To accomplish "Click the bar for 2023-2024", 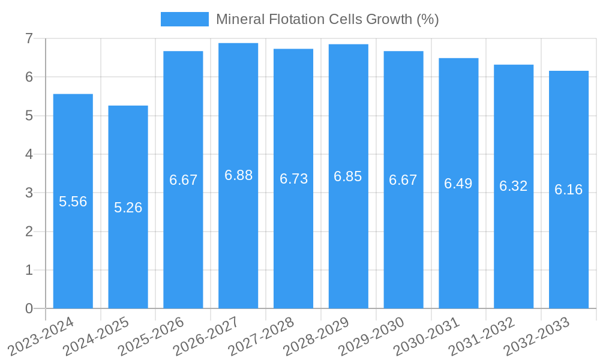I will coord(73,240).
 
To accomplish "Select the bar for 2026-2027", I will coord(238,240).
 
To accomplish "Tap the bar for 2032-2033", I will coord(569,240).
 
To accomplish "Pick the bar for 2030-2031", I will coord(458,240).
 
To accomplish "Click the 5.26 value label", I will coord(128,208).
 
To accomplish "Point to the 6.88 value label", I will coord(238,175).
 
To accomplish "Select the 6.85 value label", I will coord(348,176).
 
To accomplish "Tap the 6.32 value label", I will coord(514,186).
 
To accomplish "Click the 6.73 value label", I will coord(293,179).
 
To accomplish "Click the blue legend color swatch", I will coord(185,19).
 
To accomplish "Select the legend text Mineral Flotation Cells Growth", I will coord(328,19).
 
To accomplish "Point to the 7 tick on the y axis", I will coord(29,38).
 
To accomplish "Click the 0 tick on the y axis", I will coord(29,308).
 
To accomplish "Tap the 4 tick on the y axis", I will coord(29,154).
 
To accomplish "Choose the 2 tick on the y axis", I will coord(29,232).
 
